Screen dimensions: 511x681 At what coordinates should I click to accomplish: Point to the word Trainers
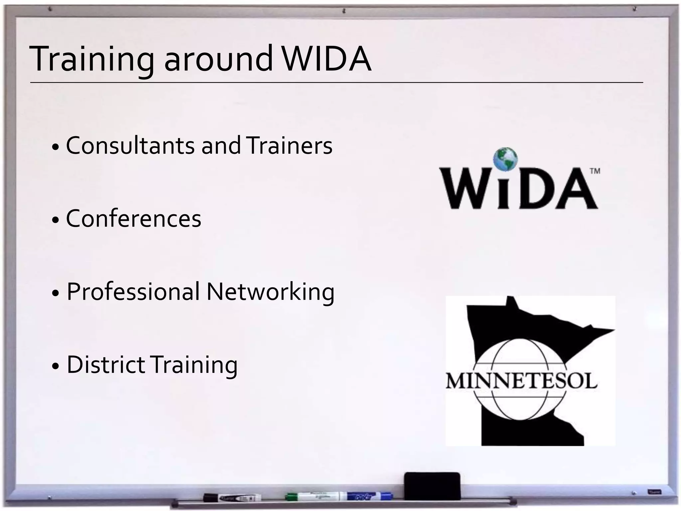point(289,146)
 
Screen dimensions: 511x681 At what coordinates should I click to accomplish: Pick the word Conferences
point(134,219)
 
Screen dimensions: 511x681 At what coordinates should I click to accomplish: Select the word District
point(106,365)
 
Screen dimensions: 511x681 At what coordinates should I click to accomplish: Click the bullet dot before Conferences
point(56,220)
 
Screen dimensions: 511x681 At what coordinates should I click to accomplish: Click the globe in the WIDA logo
point(505,159)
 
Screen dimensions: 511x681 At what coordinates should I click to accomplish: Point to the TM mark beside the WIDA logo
point(595,171)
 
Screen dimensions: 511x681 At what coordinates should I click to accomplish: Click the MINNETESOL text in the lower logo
point(521,381)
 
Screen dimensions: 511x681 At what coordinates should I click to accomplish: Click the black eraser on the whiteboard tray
point(432,486)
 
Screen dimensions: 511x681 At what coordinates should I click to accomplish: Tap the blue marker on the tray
point(369,496)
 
